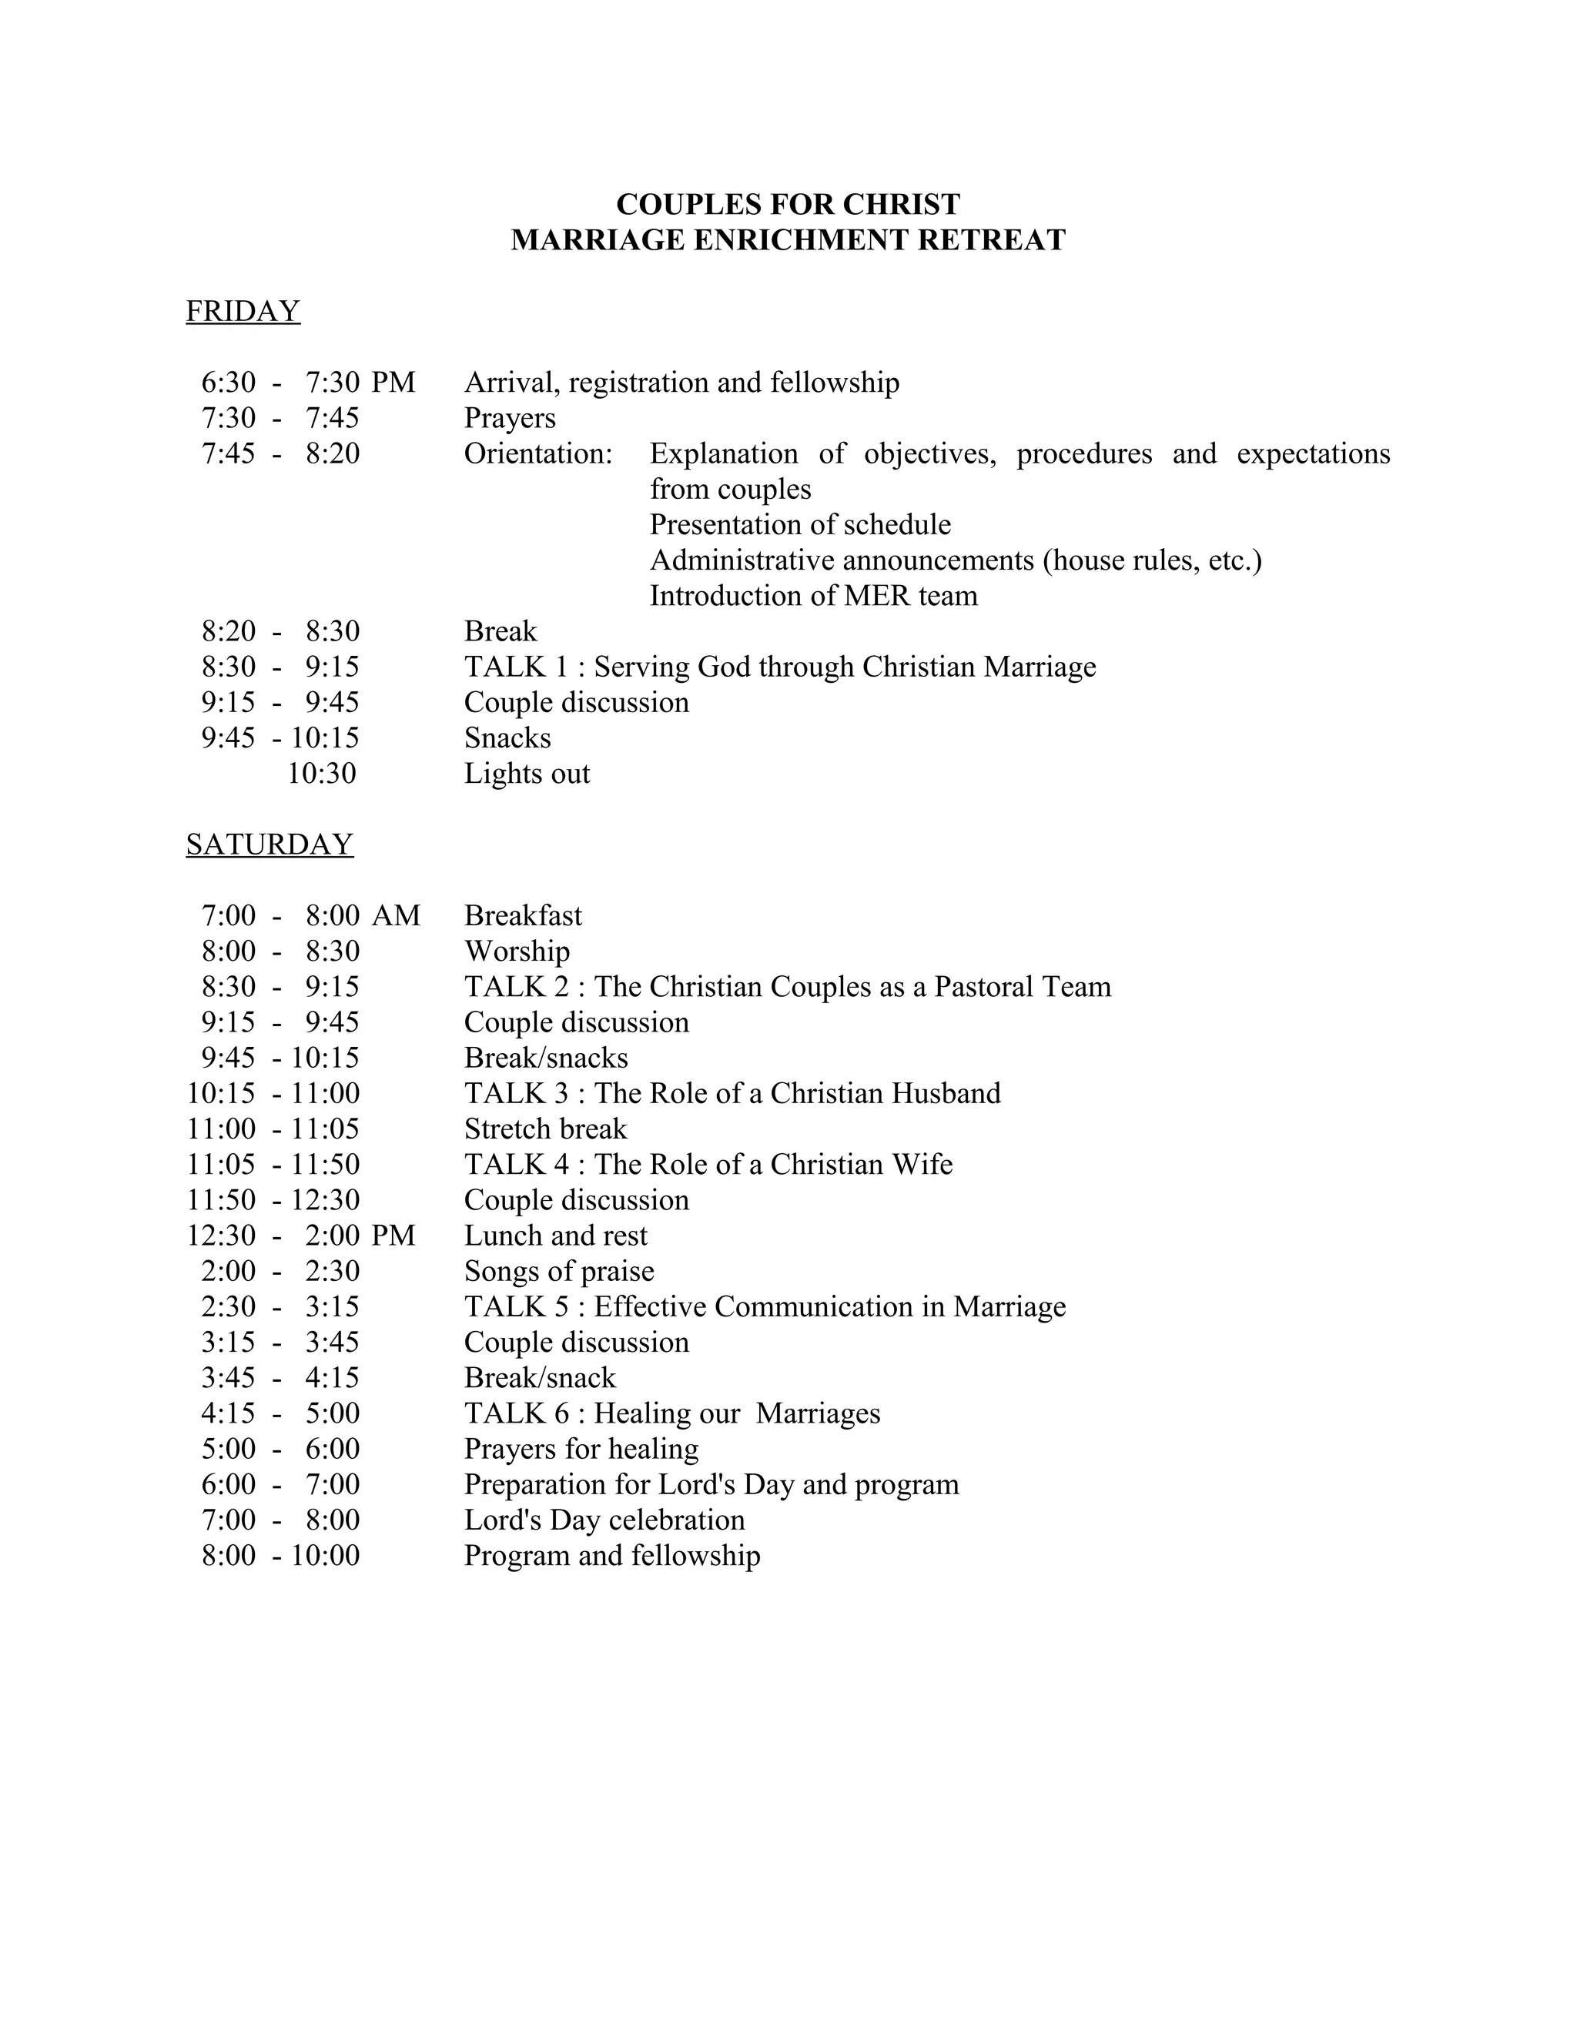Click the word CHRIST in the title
[x=901, y=205]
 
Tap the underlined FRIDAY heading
[x=243, y=311]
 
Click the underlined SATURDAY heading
[x=269, y=844]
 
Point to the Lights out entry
[x=527, y=774]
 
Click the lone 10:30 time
[x=321, y=774]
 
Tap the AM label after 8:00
[x=396, y=915]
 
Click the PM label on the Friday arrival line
[x=393, y=383]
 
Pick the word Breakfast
[x=523, y=915]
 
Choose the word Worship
[x=517, y=951]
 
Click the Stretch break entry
[x=546, y=1129]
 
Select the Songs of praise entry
[x=559, y=1271]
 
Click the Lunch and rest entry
[x=556, y=1236]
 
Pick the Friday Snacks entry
[x=507, y=738]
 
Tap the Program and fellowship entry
[x=612, y=1555]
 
